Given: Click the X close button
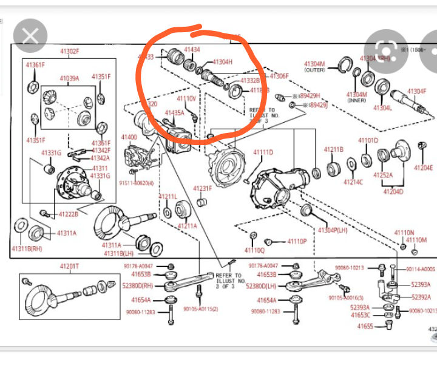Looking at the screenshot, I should [30, 36].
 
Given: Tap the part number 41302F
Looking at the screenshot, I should [69, 52].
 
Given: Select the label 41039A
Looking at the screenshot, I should [69, 78].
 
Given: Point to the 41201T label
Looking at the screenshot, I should [69, 266].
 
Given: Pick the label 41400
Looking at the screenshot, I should [129, 137].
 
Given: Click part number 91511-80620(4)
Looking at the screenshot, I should [136, 182].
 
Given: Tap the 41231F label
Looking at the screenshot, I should [203, 188].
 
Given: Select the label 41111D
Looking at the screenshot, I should [263, 152].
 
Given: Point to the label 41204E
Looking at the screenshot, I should [423, 168].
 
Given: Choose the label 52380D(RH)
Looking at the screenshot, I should [138, 286].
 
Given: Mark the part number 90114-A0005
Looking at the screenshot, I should [421, 268].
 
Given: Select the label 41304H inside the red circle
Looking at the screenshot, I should [222, 62].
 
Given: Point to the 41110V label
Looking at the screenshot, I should [186, 98].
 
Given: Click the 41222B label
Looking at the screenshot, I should [68, 214].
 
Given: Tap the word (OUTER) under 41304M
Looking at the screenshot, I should [314, 70].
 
